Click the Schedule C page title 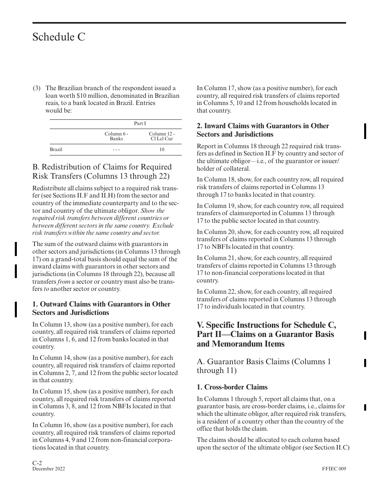point(59,37)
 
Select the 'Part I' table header point(140,123)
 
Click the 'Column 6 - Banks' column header point(116,136)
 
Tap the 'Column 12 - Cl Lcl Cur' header point(162,136)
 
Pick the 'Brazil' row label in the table point(56,149)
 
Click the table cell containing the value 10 point(162,149)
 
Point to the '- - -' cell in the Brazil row point(116,149)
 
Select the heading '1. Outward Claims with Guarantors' point(101,308)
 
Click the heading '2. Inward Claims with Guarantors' point(263,130)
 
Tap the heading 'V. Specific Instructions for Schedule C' point(266,334)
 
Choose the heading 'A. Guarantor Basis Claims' point(263,366)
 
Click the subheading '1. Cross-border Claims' point(232,387)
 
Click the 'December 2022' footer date point(49,469)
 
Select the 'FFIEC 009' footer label point(334,469)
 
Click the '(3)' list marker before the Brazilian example point(36,88)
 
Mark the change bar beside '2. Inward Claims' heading point(365,131)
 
